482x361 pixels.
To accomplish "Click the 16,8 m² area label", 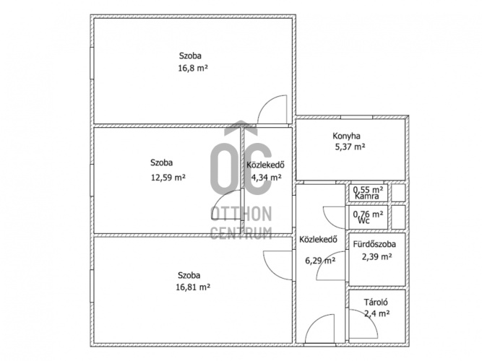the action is tap(193, 68).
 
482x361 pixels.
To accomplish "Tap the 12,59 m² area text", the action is tap(168, 178).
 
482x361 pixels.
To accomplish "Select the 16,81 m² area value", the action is tap(193, 287).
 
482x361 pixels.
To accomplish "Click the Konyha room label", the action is tap(346, 136).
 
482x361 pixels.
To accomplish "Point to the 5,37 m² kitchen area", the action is tap(350, 147).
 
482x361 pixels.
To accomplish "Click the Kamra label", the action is tap(366, 196).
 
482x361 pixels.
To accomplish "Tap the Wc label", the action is tap(364, 220).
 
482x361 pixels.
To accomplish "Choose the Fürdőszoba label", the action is tap(374, 244).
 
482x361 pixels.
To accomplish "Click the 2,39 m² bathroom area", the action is tap(377, 256).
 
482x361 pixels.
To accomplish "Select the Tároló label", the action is tap(376, 303).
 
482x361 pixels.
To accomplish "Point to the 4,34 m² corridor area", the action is tap(267, 178).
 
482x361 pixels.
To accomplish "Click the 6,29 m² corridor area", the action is tap(320, 261).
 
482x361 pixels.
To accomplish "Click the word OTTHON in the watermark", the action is tap(241, 214).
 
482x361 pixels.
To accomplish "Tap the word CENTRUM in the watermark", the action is tap(241, 233).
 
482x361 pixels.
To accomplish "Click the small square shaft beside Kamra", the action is tap(398, 193).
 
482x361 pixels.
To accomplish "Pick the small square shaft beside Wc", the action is tap(398, 217).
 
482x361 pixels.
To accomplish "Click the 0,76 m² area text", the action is tap(368, 214).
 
